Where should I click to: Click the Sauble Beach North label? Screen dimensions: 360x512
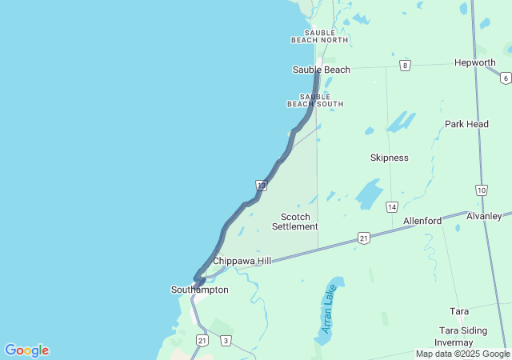coord(319,36)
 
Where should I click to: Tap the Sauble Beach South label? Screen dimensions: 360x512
coord(315,100)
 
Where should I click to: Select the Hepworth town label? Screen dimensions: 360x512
coord(474,62)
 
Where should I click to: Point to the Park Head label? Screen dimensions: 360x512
coord(466,124)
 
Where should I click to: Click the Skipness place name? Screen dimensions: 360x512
coord(389,158)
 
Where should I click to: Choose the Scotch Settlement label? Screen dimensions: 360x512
coord(294,222)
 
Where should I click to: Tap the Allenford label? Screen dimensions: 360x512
coord(422,221)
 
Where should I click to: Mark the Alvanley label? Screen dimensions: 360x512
coord(484,216)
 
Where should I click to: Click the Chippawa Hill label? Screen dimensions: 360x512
coord(242,261)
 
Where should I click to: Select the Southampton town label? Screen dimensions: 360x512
coord(199,290)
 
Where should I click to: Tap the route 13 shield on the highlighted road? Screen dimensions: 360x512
coord(261,185)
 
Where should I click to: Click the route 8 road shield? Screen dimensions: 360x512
coord(406,65)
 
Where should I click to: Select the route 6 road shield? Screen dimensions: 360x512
coord(506,78)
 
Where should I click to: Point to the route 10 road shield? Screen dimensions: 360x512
coord(481,190)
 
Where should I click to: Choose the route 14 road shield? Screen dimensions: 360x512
coord(391,207)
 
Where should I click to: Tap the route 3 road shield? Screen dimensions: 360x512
coord(226,341)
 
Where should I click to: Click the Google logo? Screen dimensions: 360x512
coord(26,350)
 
